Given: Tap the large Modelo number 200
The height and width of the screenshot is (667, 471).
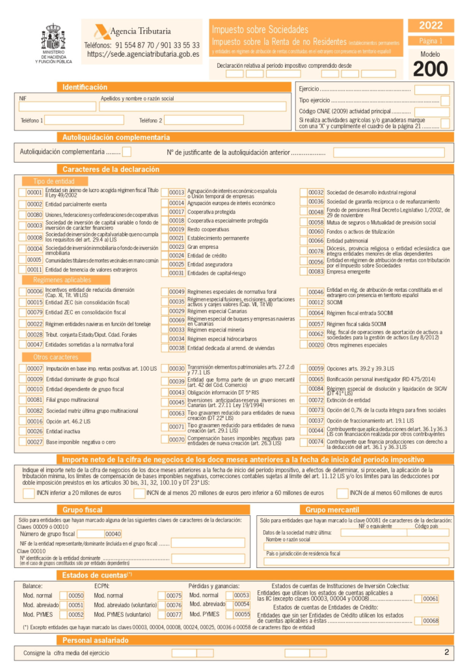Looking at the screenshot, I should click(x=430, y=68).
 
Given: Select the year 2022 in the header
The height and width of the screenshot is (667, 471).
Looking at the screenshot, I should click(x=431, y=25).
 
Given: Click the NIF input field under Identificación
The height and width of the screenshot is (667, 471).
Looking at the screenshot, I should click(x=57, y=107).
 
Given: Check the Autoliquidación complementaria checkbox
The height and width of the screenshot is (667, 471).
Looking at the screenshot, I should click(x=127, y=152).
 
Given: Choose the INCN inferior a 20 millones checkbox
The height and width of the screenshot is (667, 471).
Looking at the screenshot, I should click(x=28, y=493).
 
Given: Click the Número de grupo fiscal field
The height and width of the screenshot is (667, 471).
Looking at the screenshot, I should click(x=91, y=534).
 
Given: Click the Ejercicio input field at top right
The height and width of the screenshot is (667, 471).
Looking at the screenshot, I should click(x=431, y=90).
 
